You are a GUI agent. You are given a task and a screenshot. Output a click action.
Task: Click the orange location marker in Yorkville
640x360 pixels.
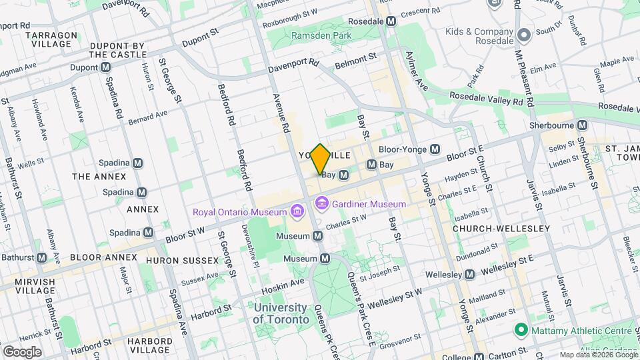(321, 159)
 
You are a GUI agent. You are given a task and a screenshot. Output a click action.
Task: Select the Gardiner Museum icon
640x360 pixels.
(322, 202)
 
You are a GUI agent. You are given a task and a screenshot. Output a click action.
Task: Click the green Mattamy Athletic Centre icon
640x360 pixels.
(520, 330)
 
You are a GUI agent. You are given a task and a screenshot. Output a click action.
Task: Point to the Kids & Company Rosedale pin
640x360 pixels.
(524, 34)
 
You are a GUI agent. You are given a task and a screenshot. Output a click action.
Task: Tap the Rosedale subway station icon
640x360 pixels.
(391, 21)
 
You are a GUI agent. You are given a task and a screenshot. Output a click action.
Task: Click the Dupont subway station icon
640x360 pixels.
(106, 67)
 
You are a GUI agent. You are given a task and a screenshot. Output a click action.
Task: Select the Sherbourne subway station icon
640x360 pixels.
(583, 125)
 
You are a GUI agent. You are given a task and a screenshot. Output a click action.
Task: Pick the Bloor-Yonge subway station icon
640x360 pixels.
(435, 149)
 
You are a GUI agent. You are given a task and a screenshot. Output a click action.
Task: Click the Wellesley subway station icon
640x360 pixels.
(469, 274)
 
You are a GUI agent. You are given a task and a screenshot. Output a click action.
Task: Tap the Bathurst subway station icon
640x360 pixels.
(41, 257)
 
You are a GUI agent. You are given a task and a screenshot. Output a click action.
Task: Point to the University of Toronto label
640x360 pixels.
(281, 313)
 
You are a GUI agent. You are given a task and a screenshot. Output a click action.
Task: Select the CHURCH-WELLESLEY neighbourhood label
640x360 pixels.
(501, 229)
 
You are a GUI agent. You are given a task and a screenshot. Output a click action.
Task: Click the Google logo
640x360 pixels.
(22, 351)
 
